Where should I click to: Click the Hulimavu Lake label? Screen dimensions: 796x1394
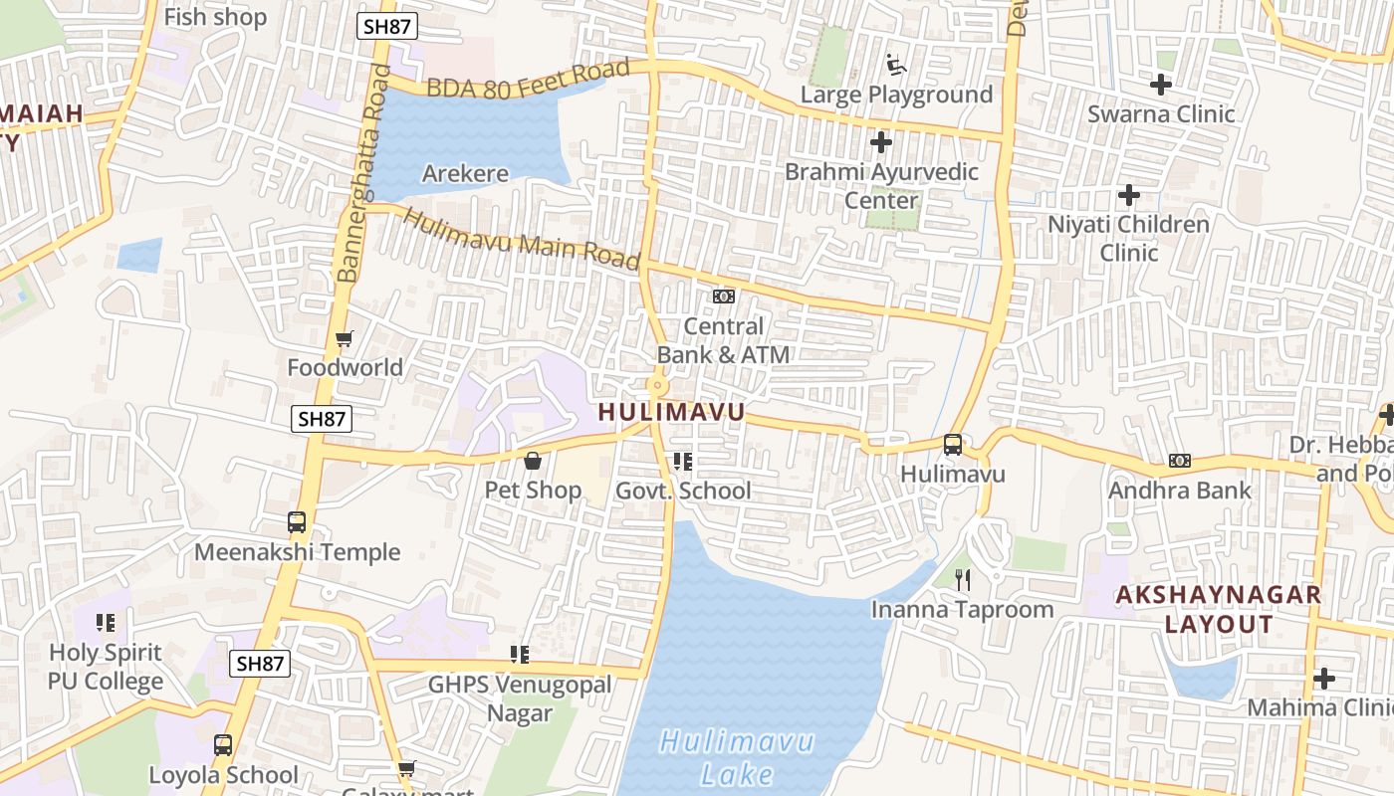pyautogui.click(x=737, y=757)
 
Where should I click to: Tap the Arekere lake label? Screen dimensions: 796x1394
pyautogui.click(x=465, y=174)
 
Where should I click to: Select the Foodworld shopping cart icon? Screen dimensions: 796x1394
pyautogui.click(x=345, y=339)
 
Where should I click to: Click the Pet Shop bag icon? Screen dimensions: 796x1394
pyautogui.click(x=533, y=461)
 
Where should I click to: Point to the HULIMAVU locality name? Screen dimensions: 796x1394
pyautogui.click(x=671, y=412)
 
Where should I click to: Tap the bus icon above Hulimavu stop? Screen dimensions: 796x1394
pyautogui.click(x=953, y=445)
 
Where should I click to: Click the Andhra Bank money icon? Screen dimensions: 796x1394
pyautogui.click(x=1180, y=461)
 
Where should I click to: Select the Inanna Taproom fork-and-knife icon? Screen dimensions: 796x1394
pyautogui.click(x=962, y=579)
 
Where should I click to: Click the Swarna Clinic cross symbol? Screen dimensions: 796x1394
pyautogui.click(x=1160, y=85)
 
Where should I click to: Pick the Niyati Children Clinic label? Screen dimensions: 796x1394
pyautogui.click(x=1128, y=238)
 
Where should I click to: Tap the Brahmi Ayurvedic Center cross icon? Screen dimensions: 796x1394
pyautogui.click(x=880, y=142)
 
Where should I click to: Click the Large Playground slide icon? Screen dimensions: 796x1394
pyautogui.click(x=897, y=66)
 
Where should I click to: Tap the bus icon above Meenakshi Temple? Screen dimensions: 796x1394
pyautogui.click(x=297, y=522)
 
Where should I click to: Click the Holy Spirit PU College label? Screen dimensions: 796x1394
pyautogui.click(x=106, y=667)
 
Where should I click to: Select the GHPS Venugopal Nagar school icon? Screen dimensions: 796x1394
pyautogui.click(x=519, y=654)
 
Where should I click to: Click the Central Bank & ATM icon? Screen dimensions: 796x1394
pyautogui.click(x=723, y=297)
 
